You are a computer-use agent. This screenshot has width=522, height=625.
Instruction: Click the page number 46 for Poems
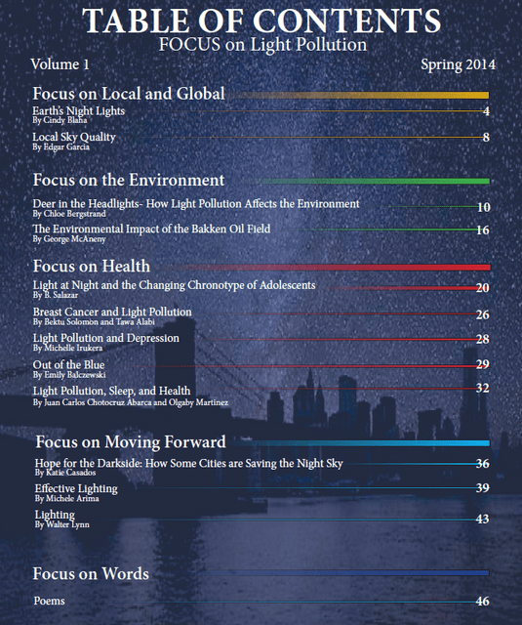[481, 602]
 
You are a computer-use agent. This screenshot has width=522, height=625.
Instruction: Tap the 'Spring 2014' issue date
[459, 64]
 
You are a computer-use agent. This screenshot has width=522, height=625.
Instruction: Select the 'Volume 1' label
[60, 64]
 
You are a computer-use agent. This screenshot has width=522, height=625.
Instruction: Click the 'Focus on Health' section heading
[91, 266]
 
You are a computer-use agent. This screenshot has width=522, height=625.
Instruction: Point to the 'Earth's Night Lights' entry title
[79, 111]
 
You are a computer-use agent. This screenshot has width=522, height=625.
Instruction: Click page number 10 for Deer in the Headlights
[483, 207]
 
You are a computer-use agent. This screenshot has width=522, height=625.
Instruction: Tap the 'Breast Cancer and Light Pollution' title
[112, 312]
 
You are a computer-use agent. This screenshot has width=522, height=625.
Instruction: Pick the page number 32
[482, 388]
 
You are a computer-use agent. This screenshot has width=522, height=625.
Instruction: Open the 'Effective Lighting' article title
[76, 488]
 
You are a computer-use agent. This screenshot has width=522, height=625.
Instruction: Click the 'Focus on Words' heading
[91, 573]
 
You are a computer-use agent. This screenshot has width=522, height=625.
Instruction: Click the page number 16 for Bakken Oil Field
[483, 230]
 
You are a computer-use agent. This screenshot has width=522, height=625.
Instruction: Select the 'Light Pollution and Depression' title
[106, 338]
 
